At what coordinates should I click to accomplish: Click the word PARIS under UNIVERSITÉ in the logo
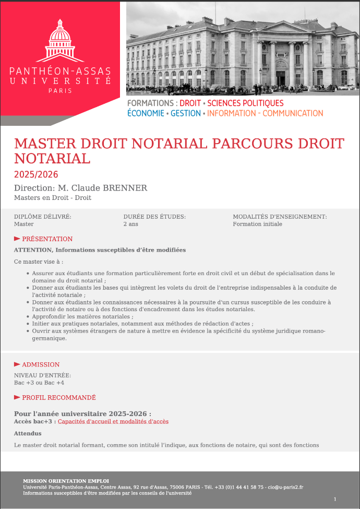coord(60,90)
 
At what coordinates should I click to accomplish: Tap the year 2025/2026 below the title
coord(36,174)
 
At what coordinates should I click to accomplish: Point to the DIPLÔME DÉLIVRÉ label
coord(42,216)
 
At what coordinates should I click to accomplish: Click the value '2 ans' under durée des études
coord(131,224)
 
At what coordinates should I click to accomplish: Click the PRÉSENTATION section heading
coord(47,239)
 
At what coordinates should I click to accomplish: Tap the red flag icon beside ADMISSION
coord(17,364)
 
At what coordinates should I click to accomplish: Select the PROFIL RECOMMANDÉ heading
coord(58,397)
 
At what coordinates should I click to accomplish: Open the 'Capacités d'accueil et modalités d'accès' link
coord(113,421)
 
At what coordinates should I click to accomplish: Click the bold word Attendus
coord(28,433)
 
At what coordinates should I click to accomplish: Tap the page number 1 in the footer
coord(335,500)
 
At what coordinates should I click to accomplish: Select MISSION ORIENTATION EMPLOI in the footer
coord(66,481)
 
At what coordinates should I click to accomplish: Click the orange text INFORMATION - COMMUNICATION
coord(265,113)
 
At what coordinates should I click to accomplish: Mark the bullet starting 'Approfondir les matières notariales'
coord(82,316)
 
